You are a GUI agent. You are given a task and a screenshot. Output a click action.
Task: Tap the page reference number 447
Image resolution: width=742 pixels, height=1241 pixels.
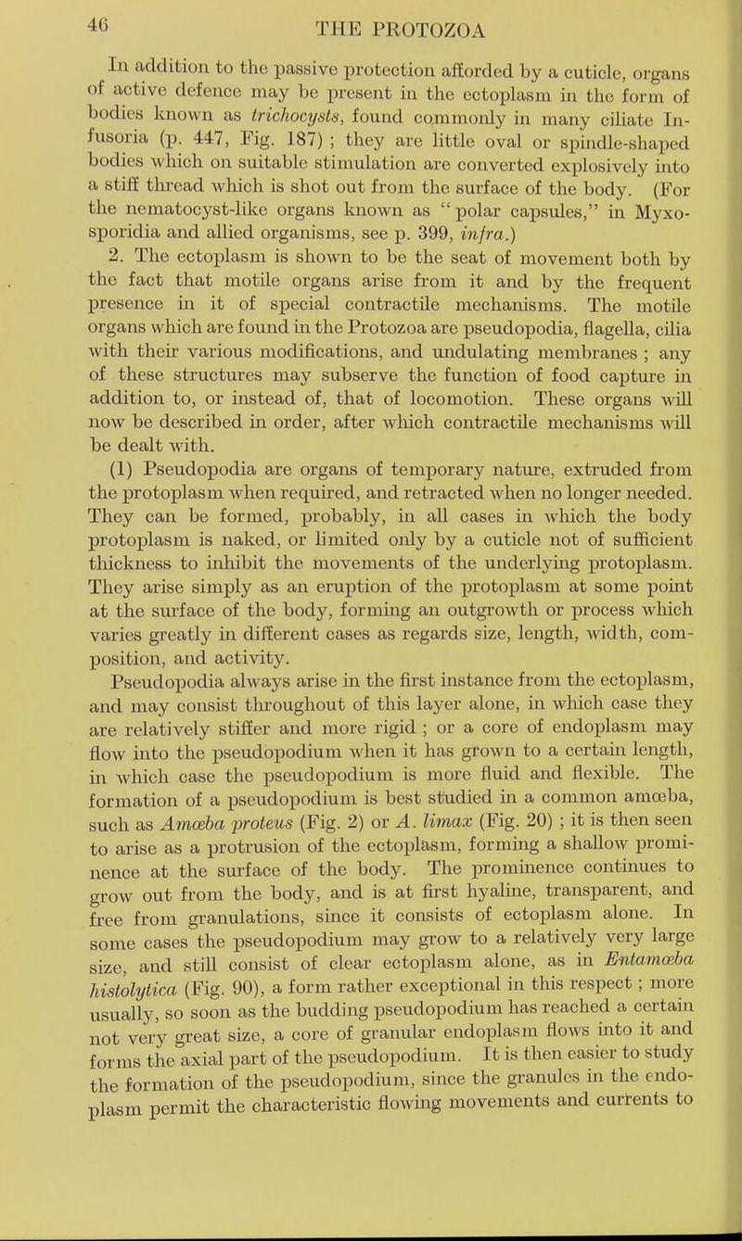[x=146, y=146]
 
